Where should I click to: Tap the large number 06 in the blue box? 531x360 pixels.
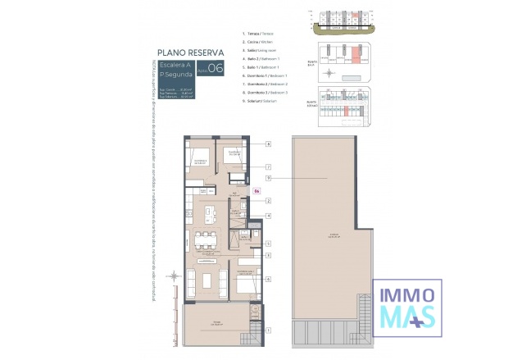[216, 69]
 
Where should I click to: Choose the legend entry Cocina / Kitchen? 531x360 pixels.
[262, 42]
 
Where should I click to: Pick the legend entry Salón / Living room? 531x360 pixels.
[264, 50]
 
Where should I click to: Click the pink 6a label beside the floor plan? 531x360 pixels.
[256, 192]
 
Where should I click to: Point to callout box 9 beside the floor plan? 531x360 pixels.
[269, 178]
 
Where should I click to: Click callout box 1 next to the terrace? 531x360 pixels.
[269, 330]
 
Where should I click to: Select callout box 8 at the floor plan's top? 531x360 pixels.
[269, 144]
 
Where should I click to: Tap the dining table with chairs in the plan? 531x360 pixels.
[202, 241]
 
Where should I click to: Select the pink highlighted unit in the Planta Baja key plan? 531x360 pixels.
[356, 57]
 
